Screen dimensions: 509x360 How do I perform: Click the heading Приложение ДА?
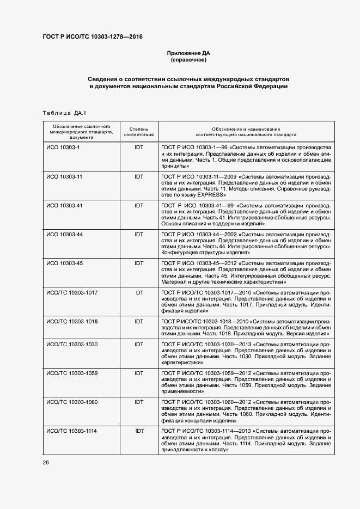pos(188,53)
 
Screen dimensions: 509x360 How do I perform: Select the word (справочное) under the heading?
pos(188,59)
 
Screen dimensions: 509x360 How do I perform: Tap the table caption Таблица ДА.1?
pos(64,113)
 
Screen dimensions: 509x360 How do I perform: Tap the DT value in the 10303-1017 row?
pos(139,292)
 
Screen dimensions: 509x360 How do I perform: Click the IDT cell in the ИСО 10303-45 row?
pos(139,263)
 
